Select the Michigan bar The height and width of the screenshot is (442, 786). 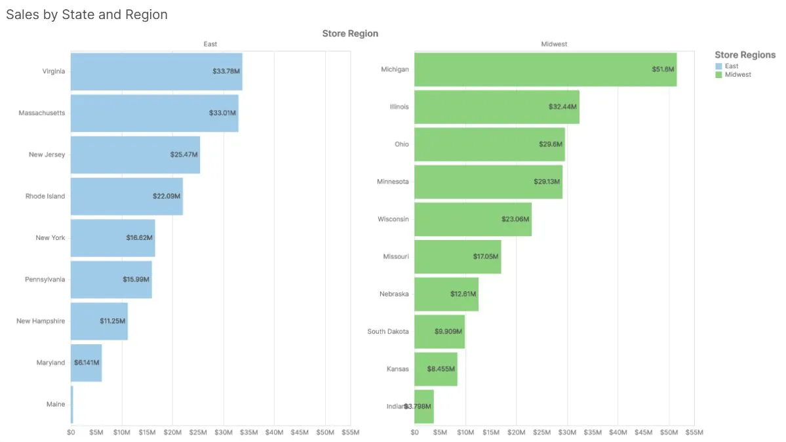(545, 69)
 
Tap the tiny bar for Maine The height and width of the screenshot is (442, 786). (72, 405)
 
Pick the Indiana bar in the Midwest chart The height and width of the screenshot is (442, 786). (424, 407)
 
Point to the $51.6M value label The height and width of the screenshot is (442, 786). (663, 69)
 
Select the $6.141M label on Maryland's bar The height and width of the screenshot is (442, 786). (87, 362)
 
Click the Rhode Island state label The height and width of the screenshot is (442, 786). (45, 196)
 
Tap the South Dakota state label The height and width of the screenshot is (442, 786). (388, 331)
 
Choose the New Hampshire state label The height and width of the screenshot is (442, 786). (41, 321)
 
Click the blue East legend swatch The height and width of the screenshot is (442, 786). (718, 66)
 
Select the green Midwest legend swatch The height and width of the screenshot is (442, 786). (718, 75)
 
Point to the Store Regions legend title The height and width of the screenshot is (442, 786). (745, 55)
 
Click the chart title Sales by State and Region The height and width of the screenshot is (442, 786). (87, 14)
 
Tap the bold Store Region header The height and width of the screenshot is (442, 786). (350, 33)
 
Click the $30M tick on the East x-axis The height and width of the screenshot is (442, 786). (224, 432)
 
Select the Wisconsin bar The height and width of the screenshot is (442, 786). (473, 219)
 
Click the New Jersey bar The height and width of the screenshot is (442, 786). (135, 155)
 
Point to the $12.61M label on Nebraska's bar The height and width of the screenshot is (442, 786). (463, 294)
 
